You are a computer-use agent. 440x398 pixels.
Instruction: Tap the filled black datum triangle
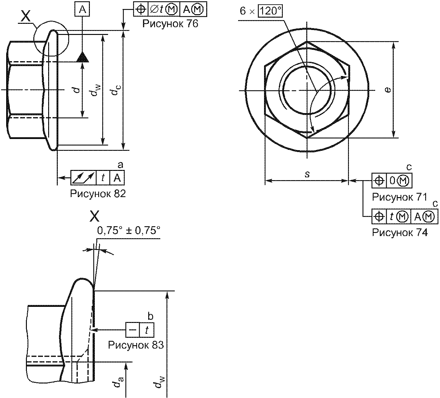83,57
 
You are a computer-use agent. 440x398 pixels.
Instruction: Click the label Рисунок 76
170,24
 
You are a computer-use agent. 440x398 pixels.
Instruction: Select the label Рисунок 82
98,194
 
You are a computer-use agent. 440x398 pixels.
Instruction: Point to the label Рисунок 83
136,345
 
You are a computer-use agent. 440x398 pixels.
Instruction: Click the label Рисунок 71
400,197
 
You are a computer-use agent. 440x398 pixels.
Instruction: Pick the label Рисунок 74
400,232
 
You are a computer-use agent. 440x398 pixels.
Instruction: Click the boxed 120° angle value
270,11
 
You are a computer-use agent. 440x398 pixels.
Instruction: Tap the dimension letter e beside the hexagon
388,90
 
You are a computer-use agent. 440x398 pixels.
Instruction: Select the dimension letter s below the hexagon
307,174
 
